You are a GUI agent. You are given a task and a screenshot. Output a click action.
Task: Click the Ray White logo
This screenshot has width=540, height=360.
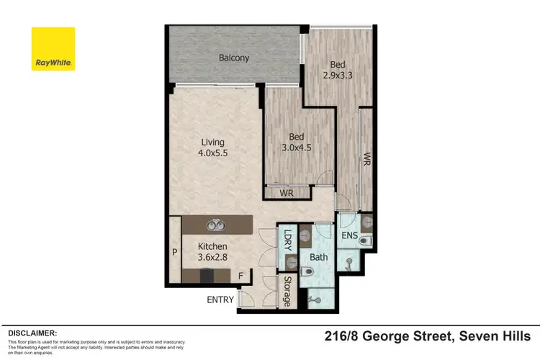(x=53, y=49)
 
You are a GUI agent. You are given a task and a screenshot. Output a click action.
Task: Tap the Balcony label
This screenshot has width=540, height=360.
(x=234, y=58)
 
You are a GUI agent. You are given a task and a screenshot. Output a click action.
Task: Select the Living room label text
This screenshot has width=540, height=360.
(x=212, y=142)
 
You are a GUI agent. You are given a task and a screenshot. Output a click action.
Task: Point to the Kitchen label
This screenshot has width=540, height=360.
(x=212, y=246)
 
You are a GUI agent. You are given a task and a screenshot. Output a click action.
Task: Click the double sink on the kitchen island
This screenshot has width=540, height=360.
(x=213, y=225)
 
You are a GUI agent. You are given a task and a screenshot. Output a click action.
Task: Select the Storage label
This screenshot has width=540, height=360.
(x=287, y=291)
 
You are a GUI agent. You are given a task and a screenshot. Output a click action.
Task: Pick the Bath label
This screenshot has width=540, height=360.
(x=319, y=257)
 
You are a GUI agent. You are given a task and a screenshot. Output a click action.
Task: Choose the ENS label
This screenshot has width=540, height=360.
(x=350, y=235)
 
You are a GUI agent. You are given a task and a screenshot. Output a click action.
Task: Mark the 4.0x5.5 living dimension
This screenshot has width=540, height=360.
(x=212, y=153)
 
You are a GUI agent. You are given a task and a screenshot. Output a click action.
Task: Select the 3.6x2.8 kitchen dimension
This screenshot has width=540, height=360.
(x=212, y=257)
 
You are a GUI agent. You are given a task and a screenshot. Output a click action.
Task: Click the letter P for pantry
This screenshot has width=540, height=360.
(x=174, y=253)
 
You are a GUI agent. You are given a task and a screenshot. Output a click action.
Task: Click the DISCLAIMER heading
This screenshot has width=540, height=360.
(x=32, y=333)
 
